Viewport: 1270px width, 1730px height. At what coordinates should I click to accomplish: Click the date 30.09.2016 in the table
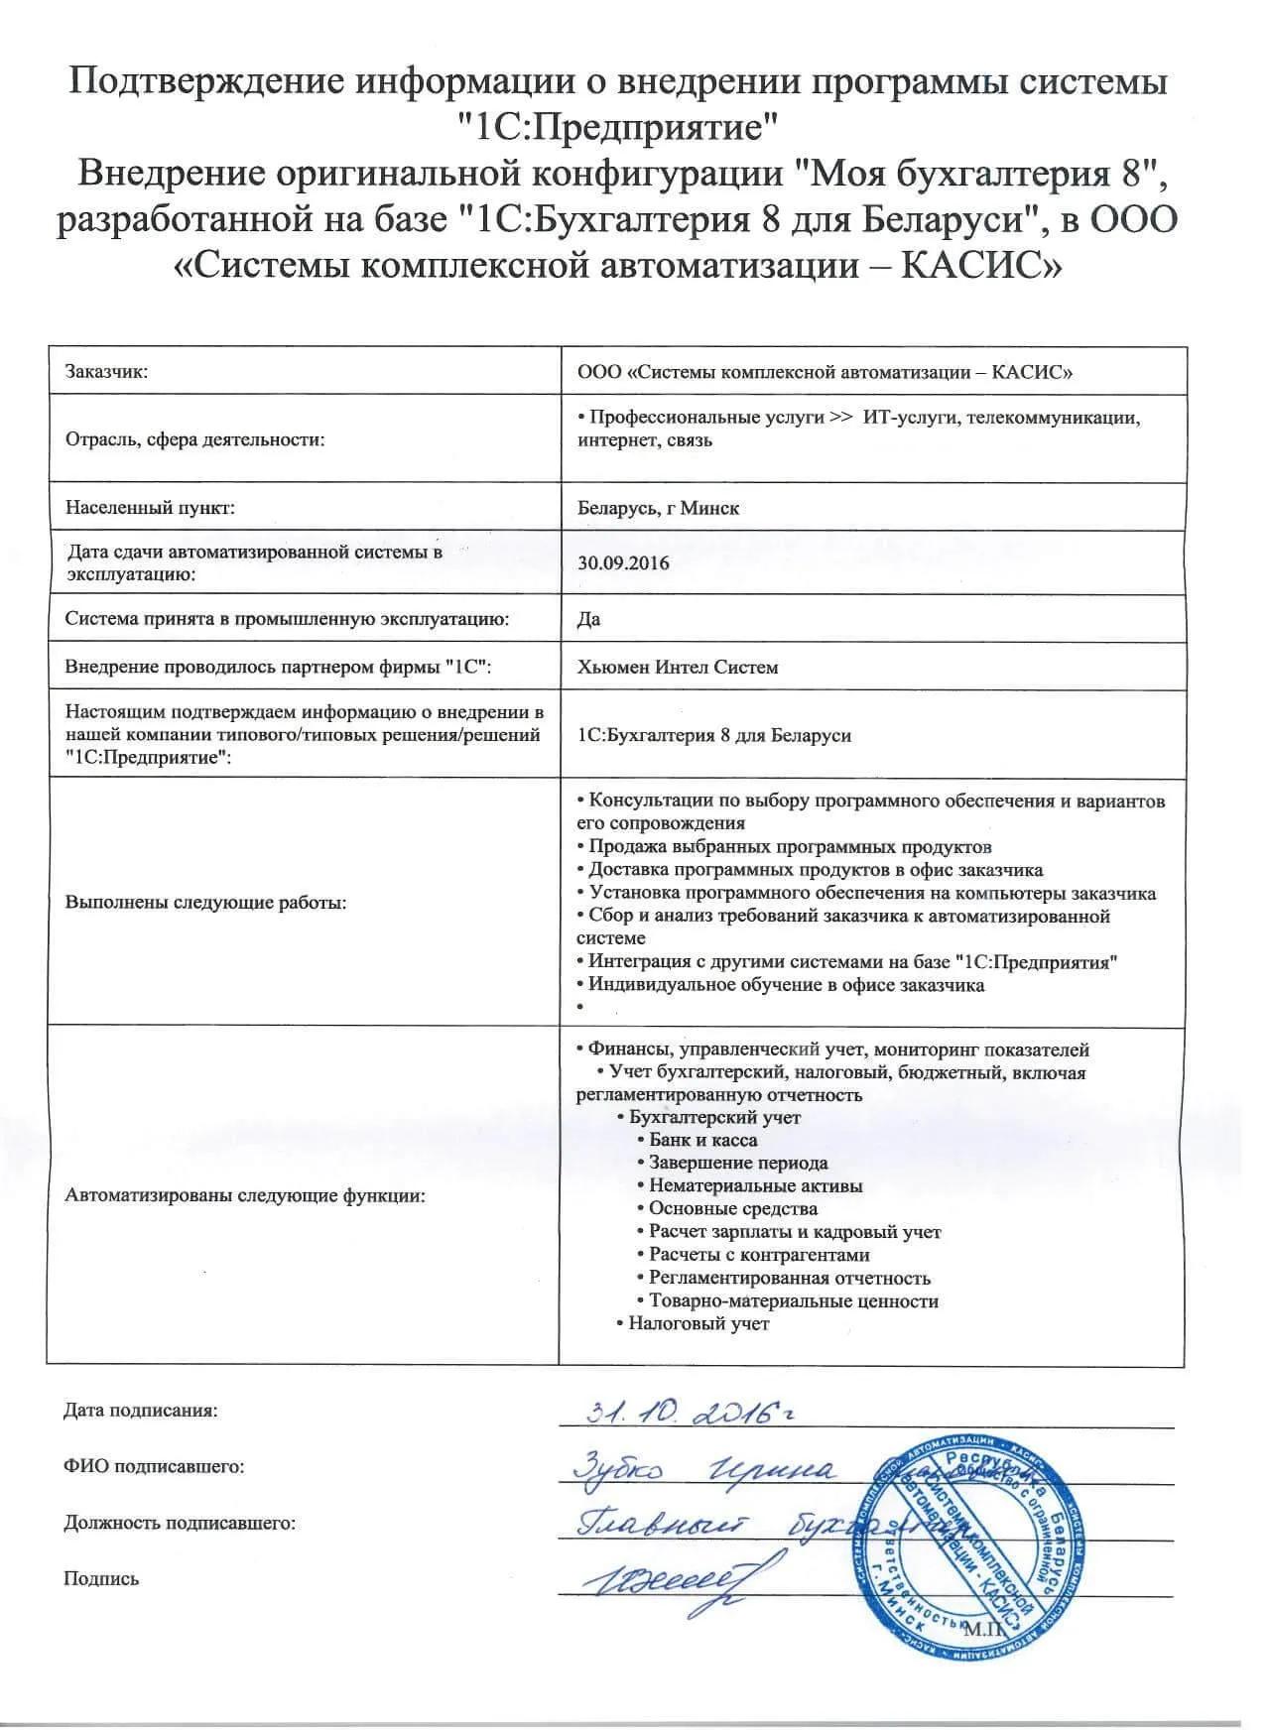(x=623, y=563)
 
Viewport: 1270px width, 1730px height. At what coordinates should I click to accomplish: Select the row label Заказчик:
(x=107, y=372)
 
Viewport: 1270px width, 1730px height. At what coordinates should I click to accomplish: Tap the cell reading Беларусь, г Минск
(x=658, y=508)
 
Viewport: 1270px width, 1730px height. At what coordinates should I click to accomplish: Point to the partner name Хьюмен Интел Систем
(x=678, y=667)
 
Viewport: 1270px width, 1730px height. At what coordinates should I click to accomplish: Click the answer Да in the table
(x=588, y=619)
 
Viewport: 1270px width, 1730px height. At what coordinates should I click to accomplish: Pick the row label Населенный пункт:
(x=150, y=508)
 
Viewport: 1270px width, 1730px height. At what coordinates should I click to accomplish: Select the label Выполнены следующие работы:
(x=205, y=903)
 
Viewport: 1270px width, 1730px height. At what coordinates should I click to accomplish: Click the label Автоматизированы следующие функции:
(x=245, y=1195)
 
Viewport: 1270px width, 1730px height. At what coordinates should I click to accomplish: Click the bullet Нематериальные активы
(x=755, y=1185)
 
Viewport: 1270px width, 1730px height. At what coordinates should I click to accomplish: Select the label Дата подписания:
(x=140, y=1410)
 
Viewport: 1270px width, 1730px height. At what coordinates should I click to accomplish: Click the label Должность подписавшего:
(x=180, y=1522)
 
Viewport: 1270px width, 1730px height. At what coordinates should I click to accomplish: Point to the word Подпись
(x=101, y=1578)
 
